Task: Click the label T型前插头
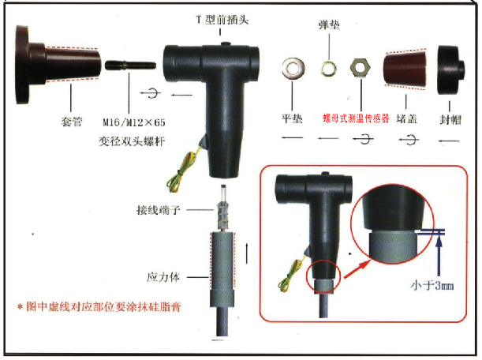(x=222, y=20)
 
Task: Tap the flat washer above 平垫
(x=293, y=67)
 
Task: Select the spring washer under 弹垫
(x=328, y=69)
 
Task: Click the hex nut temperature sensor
(x=361, y=67)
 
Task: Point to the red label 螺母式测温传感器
(x=356, y=118)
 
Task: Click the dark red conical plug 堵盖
(x=405, y=69)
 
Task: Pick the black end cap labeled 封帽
(x=450, y=70)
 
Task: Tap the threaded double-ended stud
(x=131, y=66)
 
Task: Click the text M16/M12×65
(x=134, y=122)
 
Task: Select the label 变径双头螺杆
(x=132, y=141)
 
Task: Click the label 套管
(x=72, y=122)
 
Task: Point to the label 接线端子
(x=158, y=210)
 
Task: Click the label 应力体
(x=163, y=277)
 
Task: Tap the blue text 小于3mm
(x=432, y=286)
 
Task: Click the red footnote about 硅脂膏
(x=99, y=306)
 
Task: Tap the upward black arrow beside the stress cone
(x=247, y=253)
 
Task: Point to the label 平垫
(x=292, y=118)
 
